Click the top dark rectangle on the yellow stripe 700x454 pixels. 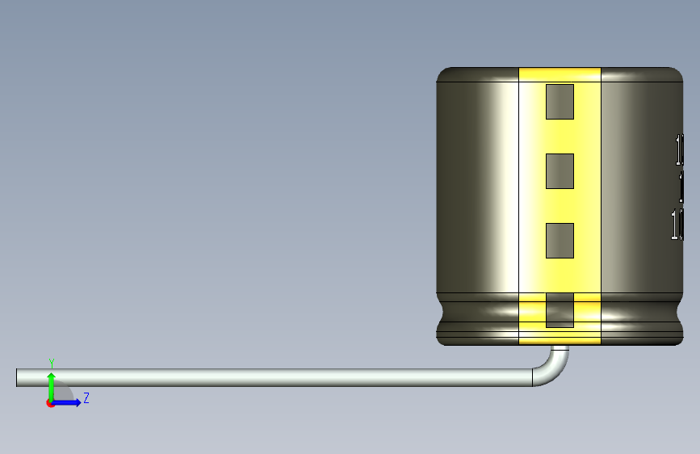(560, 102)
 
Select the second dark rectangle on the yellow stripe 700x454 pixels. (560, 171)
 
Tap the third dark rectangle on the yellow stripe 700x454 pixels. (560, 241)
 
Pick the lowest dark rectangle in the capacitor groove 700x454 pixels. (560, 310)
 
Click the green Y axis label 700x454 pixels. (51, 363)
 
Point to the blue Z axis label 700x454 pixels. (86, 398)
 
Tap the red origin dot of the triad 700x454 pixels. (50, 403)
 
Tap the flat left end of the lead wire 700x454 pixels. (19, 377)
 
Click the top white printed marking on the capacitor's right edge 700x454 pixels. (680, 149)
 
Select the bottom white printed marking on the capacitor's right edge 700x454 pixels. (677, 224)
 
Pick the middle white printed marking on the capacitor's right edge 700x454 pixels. (681, 187)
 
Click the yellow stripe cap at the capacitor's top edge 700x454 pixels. (560, 74)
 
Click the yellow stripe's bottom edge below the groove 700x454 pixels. (560, 340)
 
